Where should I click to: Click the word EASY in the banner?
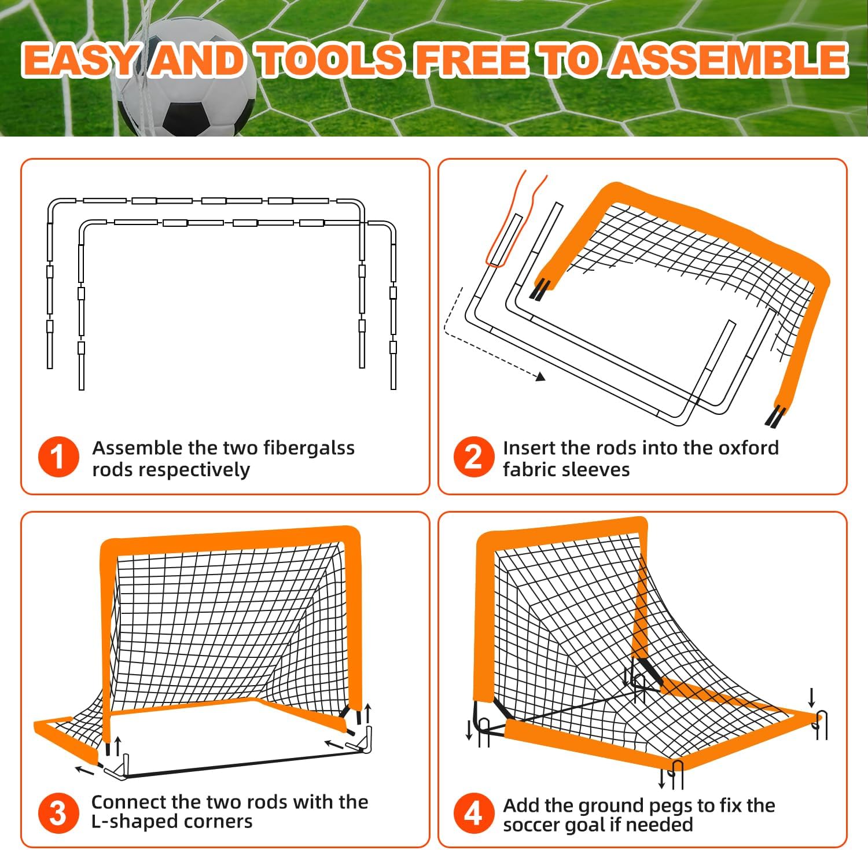(81, 60)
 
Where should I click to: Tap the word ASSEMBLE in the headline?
(730, 60)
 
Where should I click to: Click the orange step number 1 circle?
(58, 457)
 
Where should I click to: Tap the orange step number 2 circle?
(473, 457)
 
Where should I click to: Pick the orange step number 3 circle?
(58, 813)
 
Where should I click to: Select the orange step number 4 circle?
(473, 813)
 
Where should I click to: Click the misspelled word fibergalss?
(308, 448)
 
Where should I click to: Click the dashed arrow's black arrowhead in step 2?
(540, 377)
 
